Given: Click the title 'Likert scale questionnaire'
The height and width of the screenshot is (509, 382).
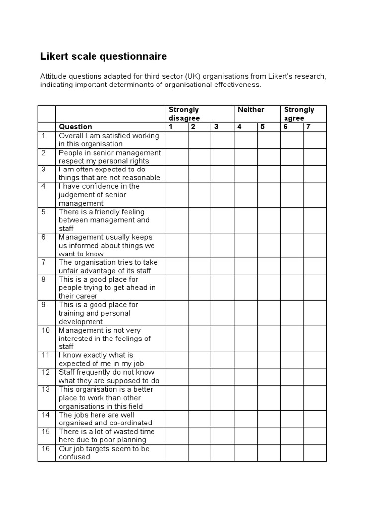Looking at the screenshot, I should point(103,57).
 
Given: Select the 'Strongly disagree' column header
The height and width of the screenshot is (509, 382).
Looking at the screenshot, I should point(184,114).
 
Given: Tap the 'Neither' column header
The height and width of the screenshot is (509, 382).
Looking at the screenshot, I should point(251,110).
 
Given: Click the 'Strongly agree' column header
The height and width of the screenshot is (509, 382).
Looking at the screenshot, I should point(299,114).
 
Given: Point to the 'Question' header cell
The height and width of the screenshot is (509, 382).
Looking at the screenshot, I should point(75,127).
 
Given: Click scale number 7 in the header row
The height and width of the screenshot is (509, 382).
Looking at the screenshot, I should point(308,127).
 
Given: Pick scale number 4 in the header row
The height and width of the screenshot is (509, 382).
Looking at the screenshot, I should point(239,127).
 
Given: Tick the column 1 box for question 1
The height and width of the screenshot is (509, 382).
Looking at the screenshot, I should point(177,140).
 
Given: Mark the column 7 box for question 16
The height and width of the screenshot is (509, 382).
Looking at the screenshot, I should point(315,453).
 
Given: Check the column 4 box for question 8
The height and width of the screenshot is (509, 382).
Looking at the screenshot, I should point(246,287).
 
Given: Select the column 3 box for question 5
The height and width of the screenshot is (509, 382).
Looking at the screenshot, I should point(222,220).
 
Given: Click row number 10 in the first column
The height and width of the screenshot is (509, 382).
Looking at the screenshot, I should point(46,330).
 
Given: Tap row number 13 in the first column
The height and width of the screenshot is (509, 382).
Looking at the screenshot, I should point(46,389).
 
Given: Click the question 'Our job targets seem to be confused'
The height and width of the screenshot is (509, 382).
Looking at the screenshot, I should point(103,453).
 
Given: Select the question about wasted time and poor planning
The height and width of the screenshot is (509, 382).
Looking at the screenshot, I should point(106,436).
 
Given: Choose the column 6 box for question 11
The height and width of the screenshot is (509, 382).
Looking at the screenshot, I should point(292,359).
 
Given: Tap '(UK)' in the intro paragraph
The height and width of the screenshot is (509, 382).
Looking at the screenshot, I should point(192,77).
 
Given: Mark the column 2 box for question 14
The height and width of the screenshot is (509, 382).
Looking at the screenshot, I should point(199,419).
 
